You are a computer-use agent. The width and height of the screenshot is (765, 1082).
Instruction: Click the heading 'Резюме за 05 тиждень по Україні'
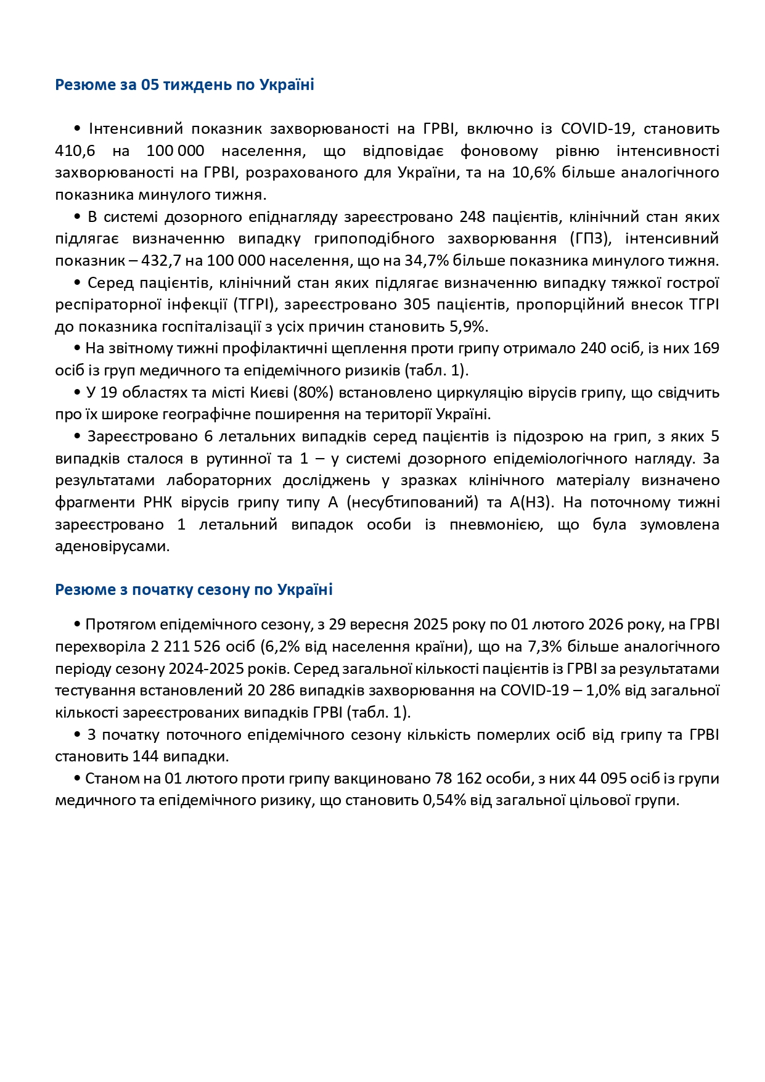pyautogui.click(x=184, y=84)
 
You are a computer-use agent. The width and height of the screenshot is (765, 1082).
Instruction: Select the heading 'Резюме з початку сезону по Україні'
pyautogui.click(x=194, y=589)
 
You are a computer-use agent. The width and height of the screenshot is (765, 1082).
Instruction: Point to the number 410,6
pyautogui.click(x=72, y=151)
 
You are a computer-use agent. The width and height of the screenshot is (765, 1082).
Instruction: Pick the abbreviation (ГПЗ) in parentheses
pyautogui.click(x=579, y=239)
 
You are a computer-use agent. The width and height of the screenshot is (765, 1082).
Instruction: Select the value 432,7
pyautogui.click(x=160, y=261)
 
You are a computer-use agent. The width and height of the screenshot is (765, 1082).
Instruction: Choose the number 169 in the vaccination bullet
pyautogui.click(x=706, y=348)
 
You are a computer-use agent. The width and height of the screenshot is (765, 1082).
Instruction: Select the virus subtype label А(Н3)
pyautogui.click(x=532, y=502)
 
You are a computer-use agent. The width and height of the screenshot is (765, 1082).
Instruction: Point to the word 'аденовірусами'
pyautogui.click(x=112, y=546)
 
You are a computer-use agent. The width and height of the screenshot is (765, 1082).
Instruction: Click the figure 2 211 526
pyautogui.click(x=190, y=647)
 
